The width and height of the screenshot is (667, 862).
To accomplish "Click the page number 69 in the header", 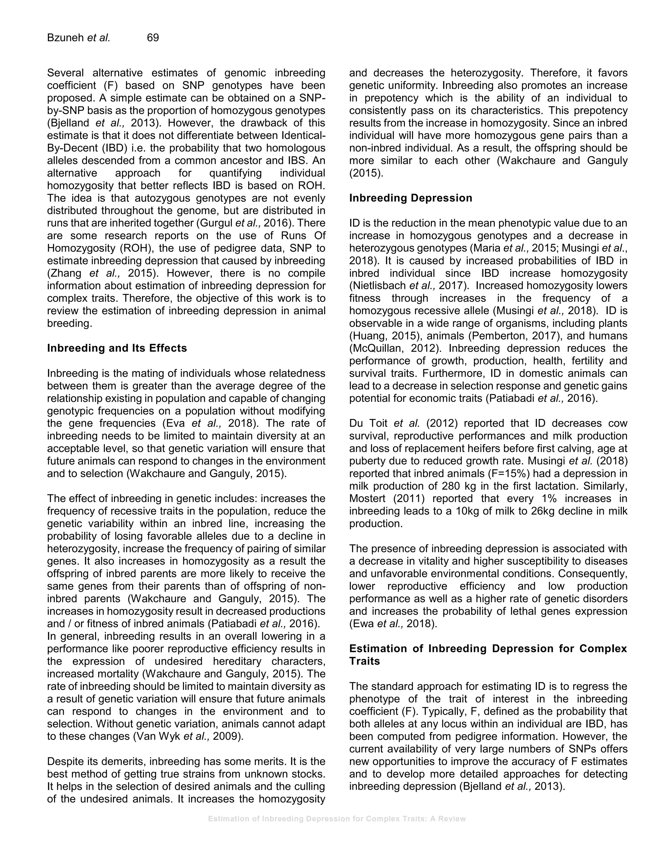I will coord(152,38).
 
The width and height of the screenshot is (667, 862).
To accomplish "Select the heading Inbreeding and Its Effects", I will coord(117,348).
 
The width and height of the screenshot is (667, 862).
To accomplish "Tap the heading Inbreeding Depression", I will coord(411,198).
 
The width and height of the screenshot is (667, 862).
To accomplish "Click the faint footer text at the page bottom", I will coord(337,819).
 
